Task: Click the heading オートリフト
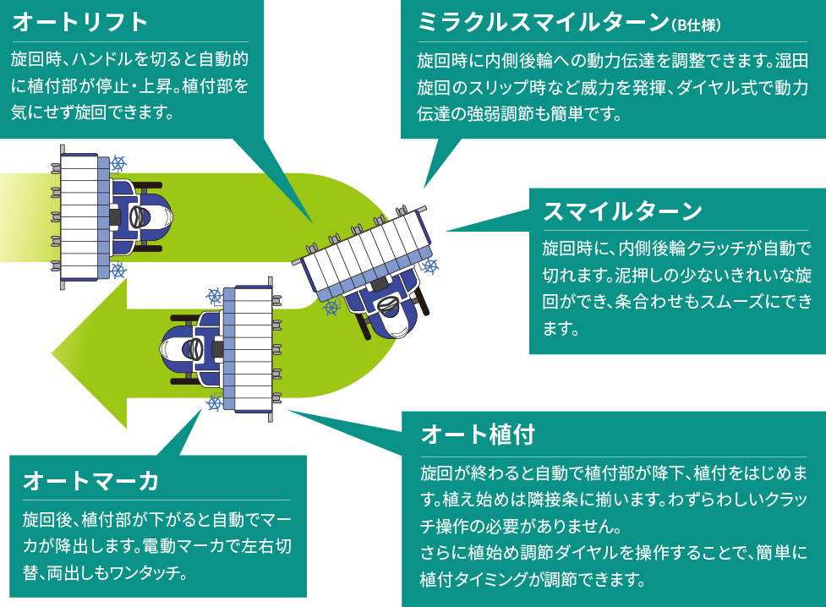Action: coord(81,21)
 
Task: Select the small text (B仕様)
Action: coord(695,25)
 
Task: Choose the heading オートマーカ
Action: coord(91,480)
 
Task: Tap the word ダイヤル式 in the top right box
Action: coord(683,87)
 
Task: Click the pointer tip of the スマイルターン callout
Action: coord(447,229)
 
